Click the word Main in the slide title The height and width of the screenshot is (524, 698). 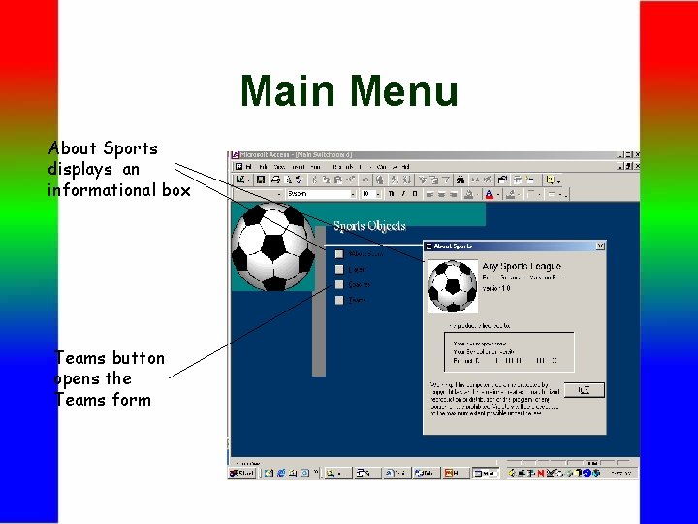pos(289,91)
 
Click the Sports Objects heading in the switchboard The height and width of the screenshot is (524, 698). pos(369,226)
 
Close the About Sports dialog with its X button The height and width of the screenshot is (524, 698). pos(600,246)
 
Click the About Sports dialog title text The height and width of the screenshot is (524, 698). pos(454,246)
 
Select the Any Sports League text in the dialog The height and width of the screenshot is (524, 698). pos(522,266)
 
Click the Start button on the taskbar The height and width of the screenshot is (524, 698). pos(242,473)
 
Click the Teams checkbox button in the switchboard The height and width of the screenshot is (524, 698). pos(339,300)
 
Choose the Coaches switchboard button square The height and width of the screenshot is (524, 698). pos(339,284)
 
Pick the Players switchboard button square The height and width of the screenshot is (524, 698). pos(339,269)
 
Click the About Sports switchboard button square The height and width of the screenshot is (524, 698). pos(339,254)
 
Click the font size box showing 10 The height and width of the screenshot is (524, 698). pos(367,194)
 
